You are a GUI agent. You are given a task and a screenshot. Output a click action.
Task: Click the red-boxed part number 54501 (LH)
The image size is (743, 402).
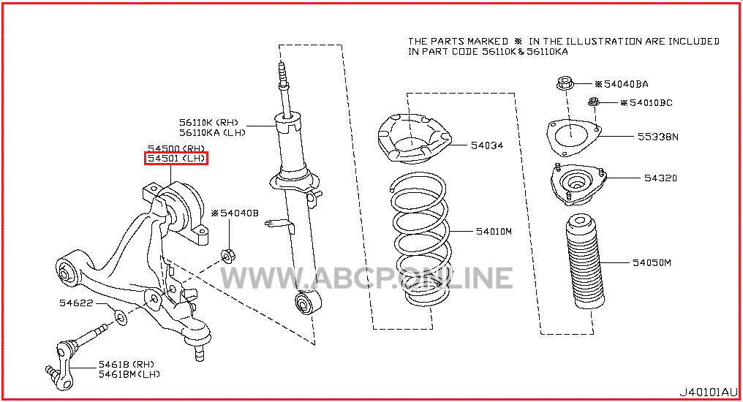[176, 158]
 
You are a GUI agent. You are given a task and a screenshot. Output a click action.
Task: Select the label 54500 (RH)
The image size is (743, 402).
[176, 148]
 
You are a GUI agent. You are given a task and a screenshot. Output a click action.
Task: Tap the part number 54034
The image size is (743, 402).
[486, 145]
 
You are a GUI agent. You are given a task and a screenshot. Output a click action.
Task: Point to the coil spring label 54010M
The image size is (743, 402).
[494, 232]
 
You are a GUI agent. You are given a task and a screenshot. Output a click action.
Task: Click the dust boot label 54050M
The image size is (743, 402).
[652, 262]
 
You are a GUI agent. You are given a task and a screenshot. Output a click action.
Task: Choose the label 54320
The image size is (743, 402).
[660, 178]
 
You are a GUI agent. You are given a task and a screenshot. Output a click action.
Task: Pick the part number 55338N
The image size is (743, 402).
[657, 137]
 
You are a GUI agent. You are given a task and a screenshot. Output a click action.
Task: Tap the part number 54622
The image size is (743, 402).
[76, 303]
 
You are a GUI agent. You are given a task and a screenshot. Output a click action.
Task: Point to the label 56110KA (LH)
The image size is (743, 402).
[212, 133]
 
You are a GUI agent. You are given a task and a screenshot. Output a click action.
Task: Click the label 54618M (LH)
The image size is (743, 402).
[129, 374]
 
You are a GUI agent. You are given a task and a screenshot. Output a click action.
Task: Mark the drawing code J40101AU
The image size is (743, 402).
[709, 392]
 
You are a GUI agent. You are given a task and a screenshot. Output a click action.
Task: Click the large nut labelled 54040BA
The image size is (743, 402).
[565, 83]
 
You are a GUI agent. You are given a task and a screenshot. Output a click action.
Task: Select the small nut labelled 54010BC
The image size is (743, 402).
[594, 102]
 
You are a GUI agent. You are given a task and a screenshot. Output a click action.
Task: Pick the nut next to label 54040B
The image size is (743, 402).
[228, 256]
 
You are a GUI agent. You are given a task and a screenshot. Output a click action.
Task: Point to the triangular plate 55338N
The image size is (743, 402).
[574, 137]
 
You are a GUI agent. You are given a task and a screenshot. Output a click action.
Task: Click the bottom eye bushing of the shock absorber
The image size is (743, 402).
[308, 302]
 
